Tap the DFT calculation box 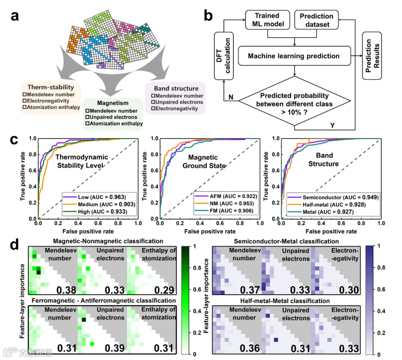[x=223, y=56]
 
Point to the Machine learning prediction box [x=294, y=56]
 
